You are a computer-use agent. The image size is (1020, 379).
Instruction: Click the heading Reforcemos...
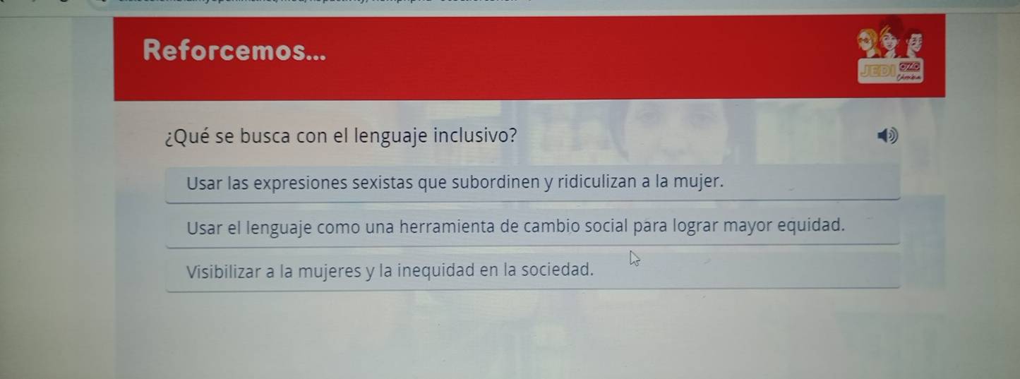point(234,50)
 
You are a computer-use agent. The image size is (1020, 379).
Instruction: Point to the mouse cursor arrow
point(635,259)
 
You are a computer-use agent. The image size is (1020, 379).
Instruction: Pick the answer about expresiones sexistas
point(455,183)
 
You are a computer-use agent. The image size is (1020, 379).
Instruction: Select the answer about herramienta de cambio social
point(515,227)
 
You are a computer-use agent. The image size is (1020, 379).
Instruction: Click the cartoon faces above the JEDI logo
point(889,42)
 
